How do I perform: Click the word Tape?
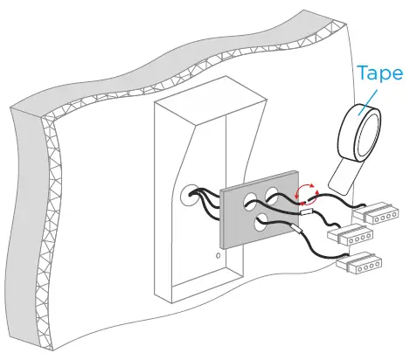(379, 73)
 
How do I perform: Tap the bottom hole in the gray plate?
(264, 225)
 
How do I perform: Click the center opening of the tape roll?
(366, 129)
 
